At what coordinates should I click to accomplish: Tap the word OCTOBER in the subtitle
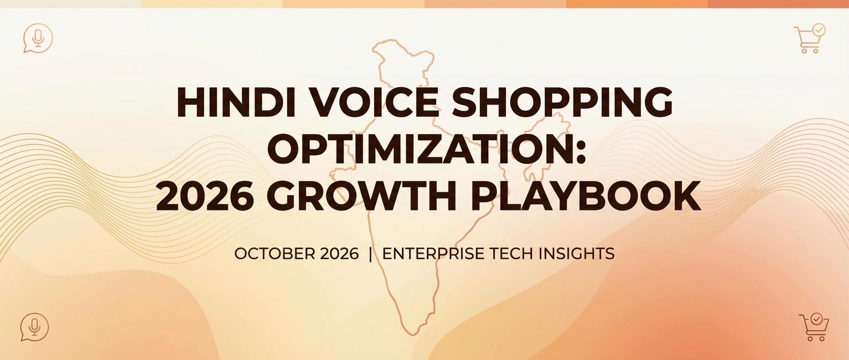click(x=274, y=253)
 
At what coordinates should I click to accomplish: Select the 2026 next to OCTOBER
click(x=339, y=253)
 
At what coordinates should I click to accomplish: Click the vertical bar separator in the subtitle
click(x=370, y=253)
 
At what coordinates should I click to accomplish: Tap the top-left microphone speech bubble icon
click(x=38, y=38)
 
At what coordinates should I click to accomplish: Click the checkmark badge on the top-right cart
click(x=818, y=30)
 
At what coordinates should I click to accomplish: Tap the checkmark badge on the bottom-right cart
click(x=816, y=319)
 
